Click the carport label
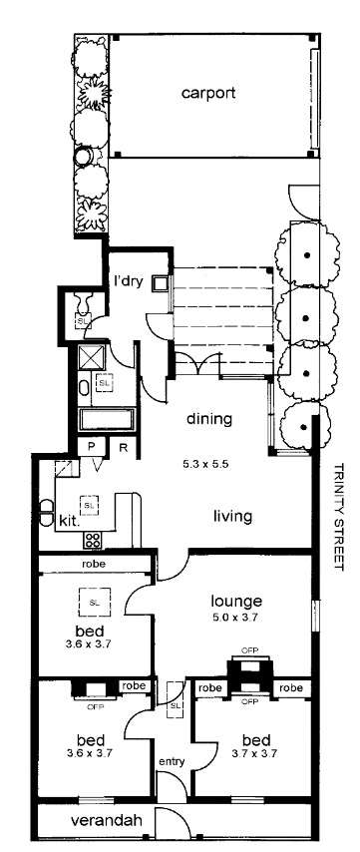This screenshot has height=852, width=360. (x=208, y=93)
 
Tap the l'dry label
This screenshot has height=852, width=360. (x=129, y=281)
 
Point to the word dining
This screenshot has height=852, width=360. (x=209, y=419)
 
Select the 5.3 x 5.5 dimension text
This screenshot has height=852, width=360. (x=209, y=465)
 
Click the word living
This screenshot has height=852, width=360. (x=232, y=516)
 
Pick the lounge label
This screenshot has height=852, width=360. (x=236, y=601)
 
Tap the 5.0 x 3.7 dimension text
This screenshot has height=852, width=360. (x=236, y=617)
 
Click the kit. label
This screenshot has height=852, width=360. (x=70, y=522)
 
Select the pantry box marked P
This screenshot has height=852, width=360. (x=91, y=447)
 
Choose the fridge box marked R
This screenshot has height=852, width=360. (x=123, y=447)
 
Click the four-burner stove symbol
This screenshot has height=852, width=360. (x=93, y=540)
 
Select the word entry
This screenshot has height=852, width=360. (x=172, y=762)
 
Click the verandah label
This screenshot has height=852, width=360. (x=107, y=821)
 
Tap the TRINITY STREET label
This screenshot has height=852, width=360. (x=339, y=516)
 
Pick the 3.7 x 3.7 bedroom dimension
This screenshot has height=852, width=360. (x=254, y=753)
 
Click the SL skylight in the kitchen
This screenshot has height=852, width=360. (x=90, y=505)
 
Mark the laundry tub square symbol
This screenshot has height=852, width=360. (x=161, y=283)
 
